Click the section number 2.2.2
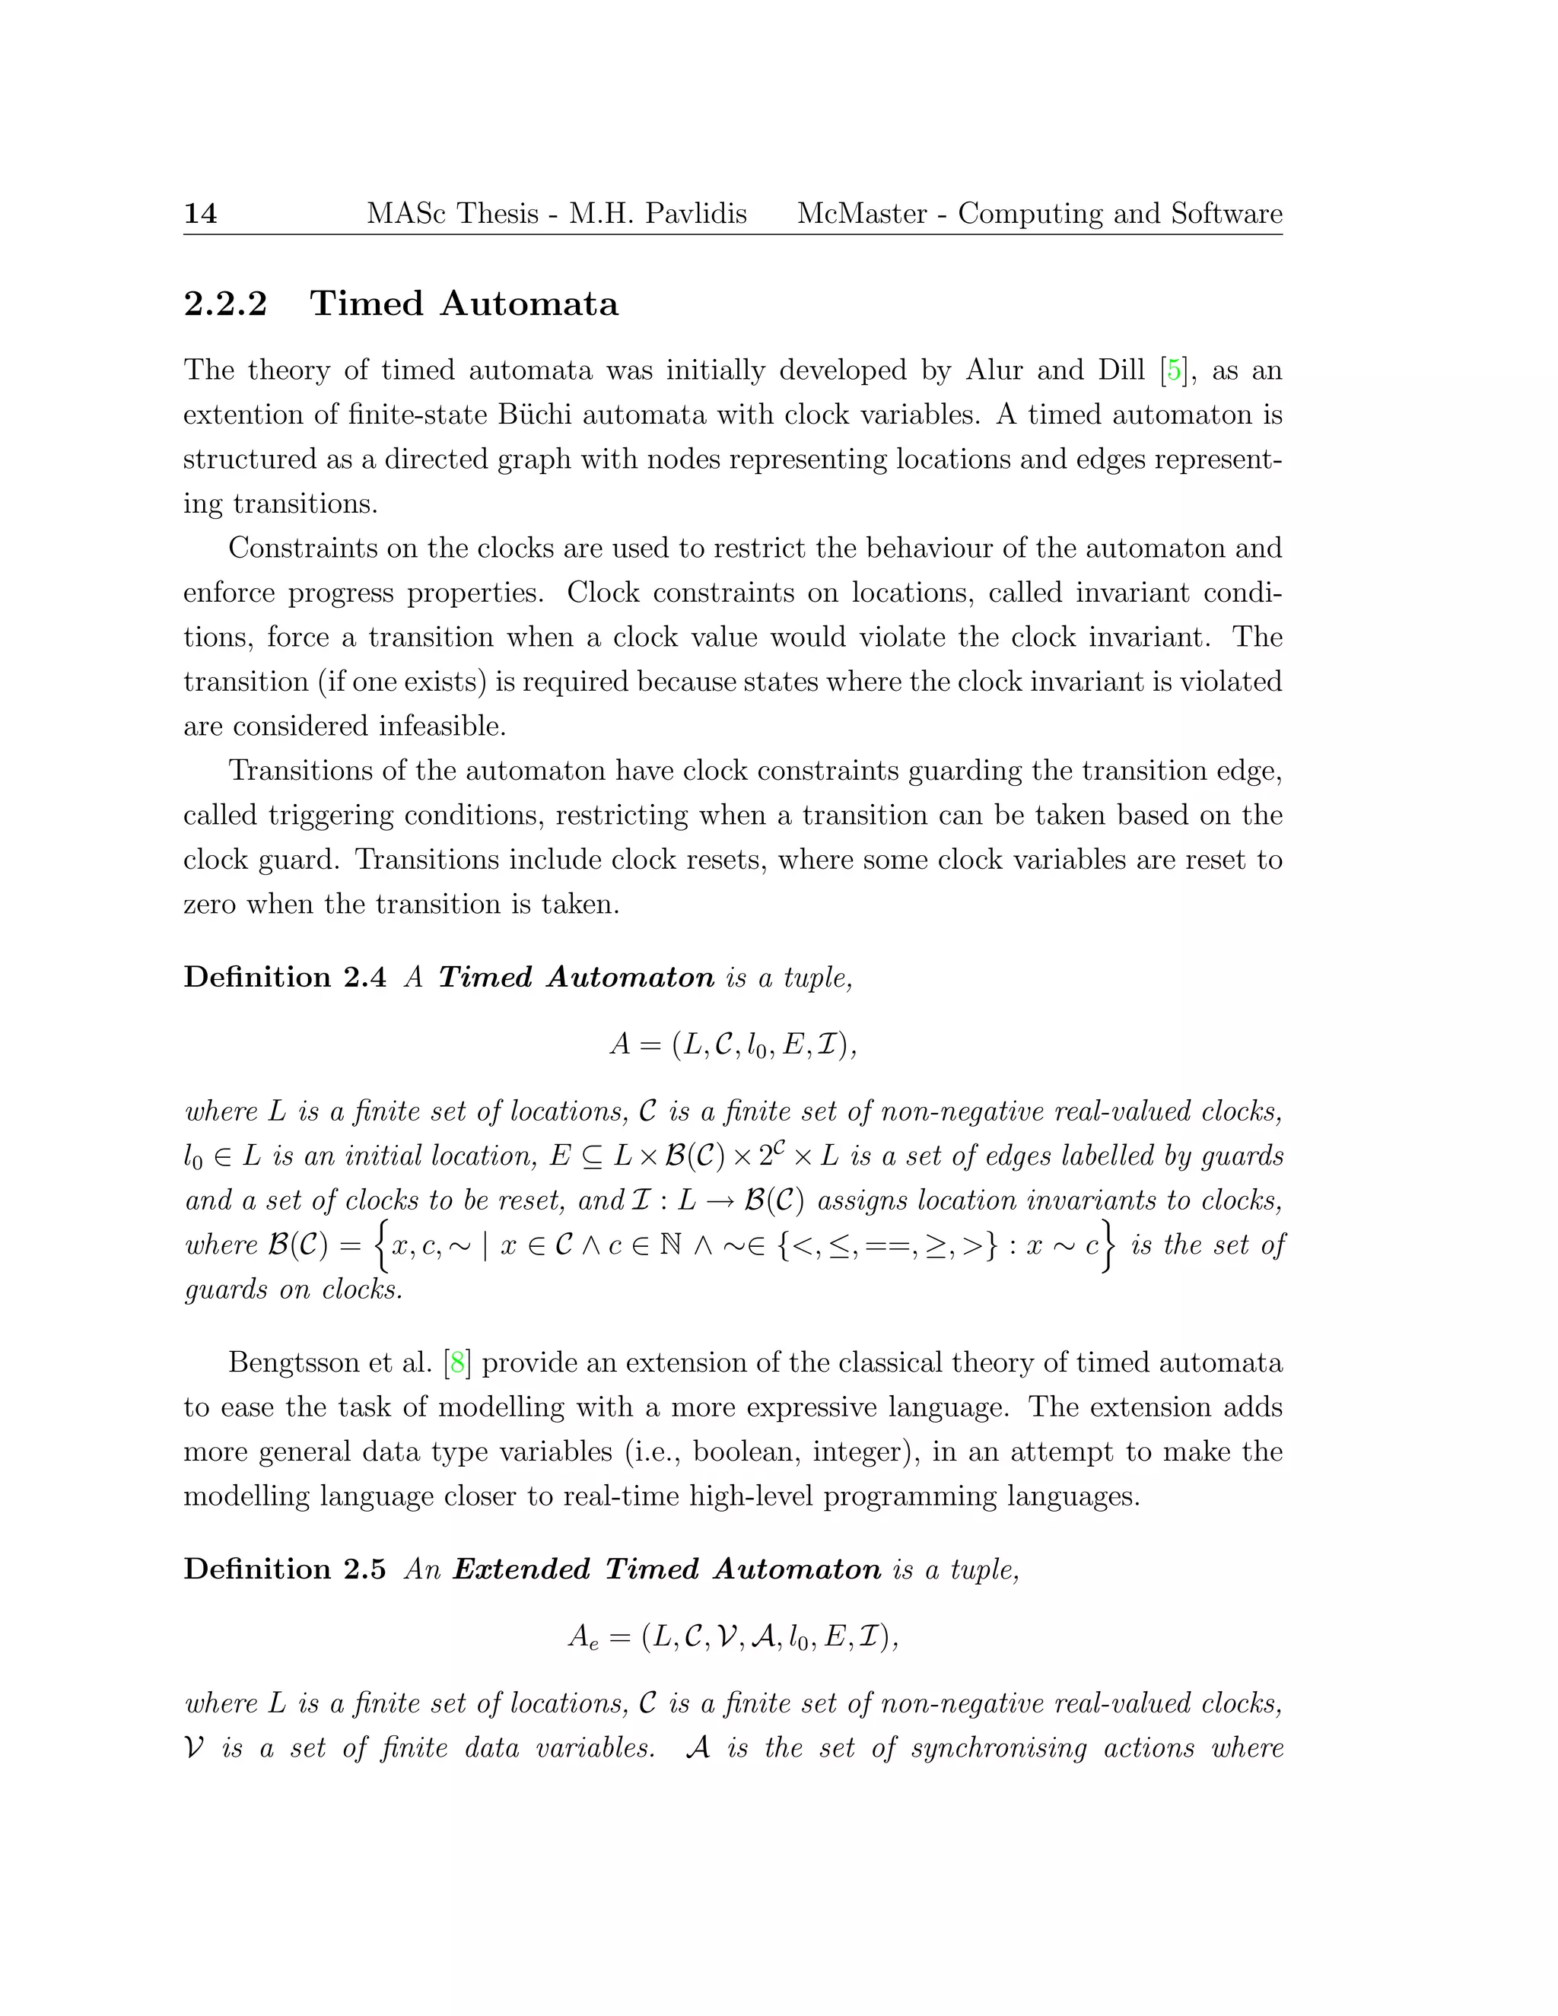(x=225, y=304)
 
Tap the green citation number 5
(x=1173, y=370)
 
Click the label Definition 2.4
(x=285, y=977)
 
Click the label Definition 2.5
(x=285, y=1569)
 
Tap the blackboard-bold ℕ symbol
(x=671, y=1245)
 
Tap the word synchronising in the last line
(x=1000, y=1747)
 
